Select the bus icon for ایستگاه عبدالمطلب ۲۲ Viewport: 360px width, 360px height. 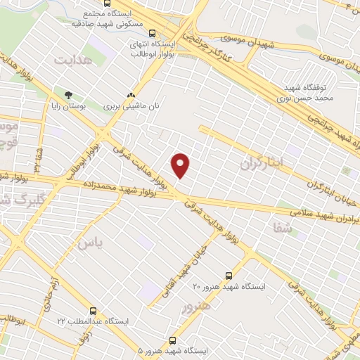tap(94, 309)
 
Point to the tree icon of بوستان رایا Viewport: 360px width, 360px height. tap(67, 95)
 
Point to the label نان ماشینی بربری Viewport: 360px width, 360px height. tap(128, 106)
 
